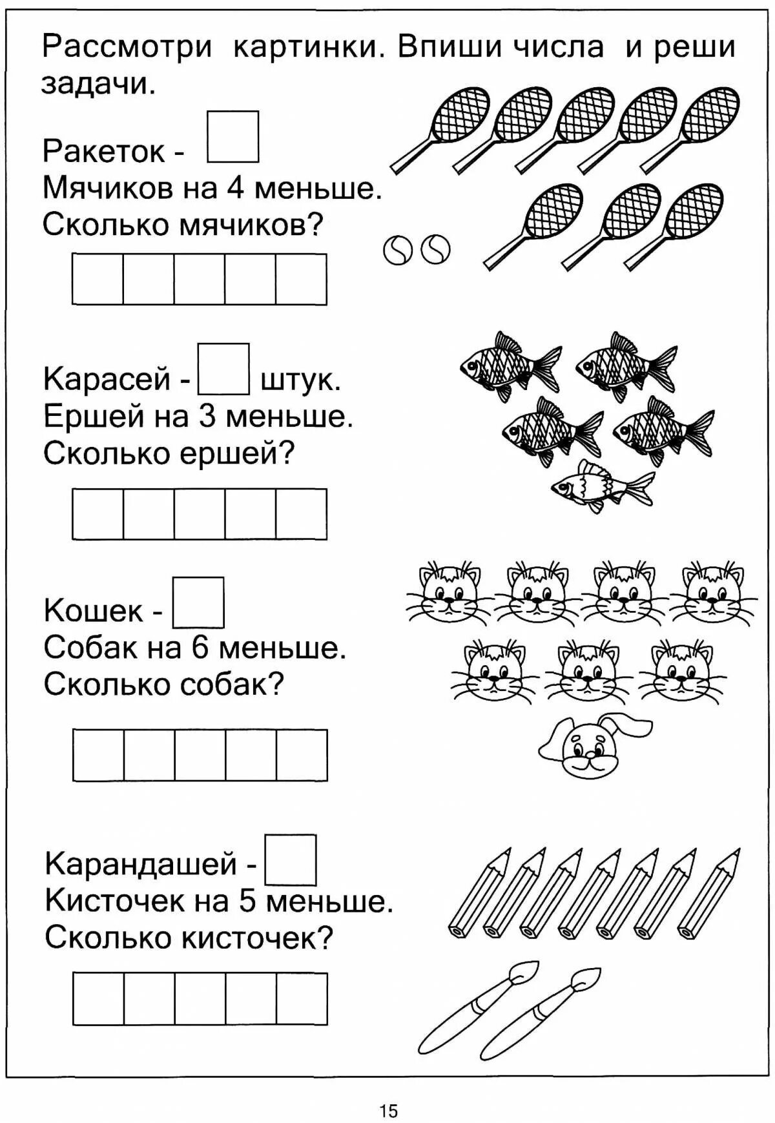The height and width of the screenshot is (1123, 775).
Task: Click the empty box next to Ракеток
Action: (232, 137)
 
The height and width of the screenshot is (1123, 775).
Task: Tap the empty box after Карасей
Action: (223, 369)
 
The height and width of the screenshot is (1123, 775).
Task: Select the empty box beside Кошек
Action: (198, 603)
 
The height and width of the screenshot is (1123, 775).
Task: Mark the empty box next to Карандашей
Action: (291, 860)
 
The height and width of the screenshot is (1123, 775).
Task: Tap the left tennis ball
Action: (397, 250)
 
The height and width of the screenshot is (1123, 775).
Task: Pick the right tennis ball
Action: (436, 249)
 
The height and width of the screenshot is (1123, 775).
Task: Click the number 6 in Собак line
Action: (201, 647)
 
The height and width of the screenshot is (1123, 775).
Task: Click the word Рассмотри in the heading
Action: (127, 48)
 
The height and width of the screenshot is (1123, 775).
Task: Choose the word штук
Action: (300, 380)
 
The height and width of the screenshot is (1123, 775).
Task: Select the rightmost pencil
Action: (709, 891)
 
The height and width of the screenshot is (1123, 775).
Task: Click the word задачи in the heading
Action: (98, 84)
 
